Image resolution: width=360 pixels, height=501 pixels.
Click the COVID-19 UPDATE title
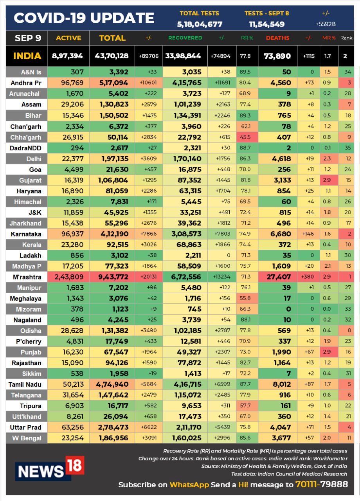[84, 18]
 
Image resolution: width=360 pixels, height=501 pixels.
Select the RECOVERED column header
[185, 38]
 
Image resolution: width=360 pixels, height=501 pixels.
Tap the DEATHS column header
[277, 38]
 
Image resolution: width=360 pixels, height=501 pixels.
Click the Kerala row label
[32, 245]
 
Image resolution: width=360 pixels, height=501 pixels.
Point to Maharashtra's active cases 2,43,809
[69, 277]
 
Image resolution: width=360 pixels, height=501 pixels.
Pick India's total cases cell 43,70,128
[112, 56]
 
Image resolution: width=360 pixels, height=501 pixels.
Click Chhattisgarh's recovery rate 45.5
[245, 137]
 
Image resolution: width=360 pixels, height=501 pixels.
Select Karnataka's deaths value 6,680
[281, 234]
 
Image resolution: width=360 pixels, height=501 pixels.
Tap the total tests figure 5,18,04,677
[200, 24]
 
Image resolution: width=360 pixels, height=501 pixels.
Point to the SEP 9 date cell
[28, 38]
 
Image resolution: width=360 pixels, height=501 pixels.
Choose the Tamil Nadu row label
[25, 384]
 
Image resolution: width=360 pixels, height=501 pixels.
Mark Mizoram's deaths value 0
[288, 309]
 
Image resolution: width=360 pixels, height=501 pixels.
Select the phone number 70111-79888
[322, 484]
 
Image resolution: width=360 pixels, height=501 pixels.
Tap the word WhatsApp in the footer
[189, 485]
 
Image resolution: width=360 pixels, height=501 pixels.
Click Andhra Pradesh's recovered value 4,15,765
[187, 83]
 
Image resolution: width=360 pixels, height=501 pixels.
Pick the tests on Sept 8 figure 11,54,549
[267, 24]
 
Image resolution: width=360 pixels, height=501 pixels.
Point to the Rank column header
[346, 38]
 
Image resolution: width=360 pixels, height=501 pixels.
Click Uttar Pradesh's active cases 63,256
[73, 427]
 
